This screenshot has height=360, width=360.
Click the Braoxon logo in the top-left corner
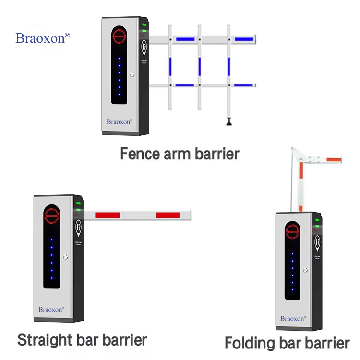43,38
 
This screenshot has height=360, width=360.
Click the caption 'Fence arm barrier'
179,154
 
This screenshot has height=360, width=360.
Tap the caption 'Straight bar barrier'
82,340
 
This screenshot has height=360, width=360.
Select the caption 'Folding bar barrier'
287,343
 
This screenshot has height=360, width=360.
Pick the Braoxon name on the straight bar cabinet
51,309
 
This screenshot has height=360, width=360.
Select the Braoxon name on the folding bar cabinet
292,318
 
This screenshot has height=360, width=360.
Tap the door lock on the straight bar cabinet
66,257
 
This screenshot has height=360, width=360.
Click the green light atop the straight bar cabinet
78,204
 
